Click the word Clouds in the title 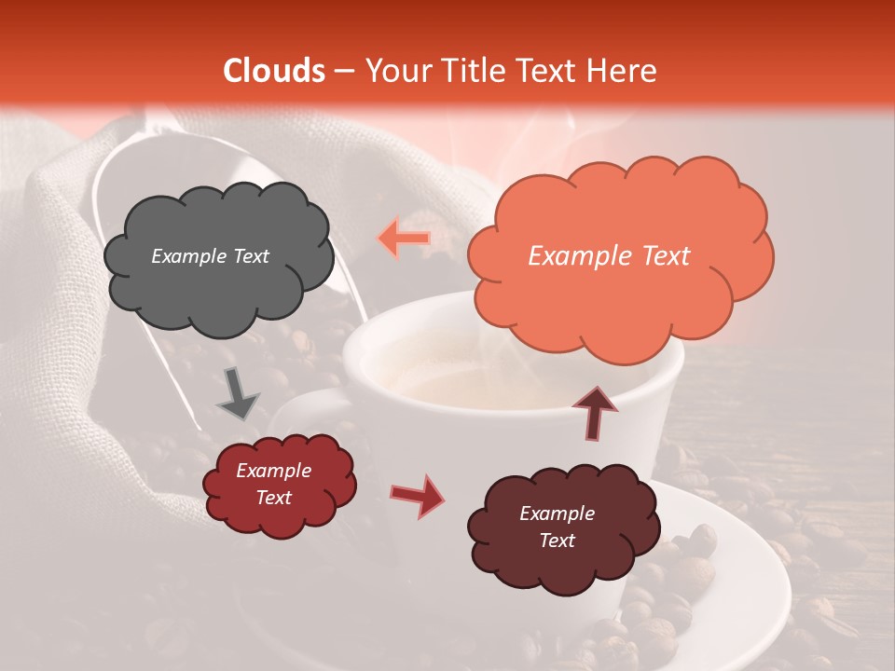click(274, 71)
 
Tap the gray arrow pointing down click(238, 392)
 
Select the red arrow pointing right click(418, 494)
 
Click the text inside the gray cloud click(210, 256)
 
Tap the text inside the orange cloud click(609, 256)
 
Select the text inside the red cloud click(273, 485)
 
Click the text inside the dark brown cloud click(557, 527)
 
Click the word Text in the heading click(551, 71)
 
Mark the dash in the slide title click(344, 72)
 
